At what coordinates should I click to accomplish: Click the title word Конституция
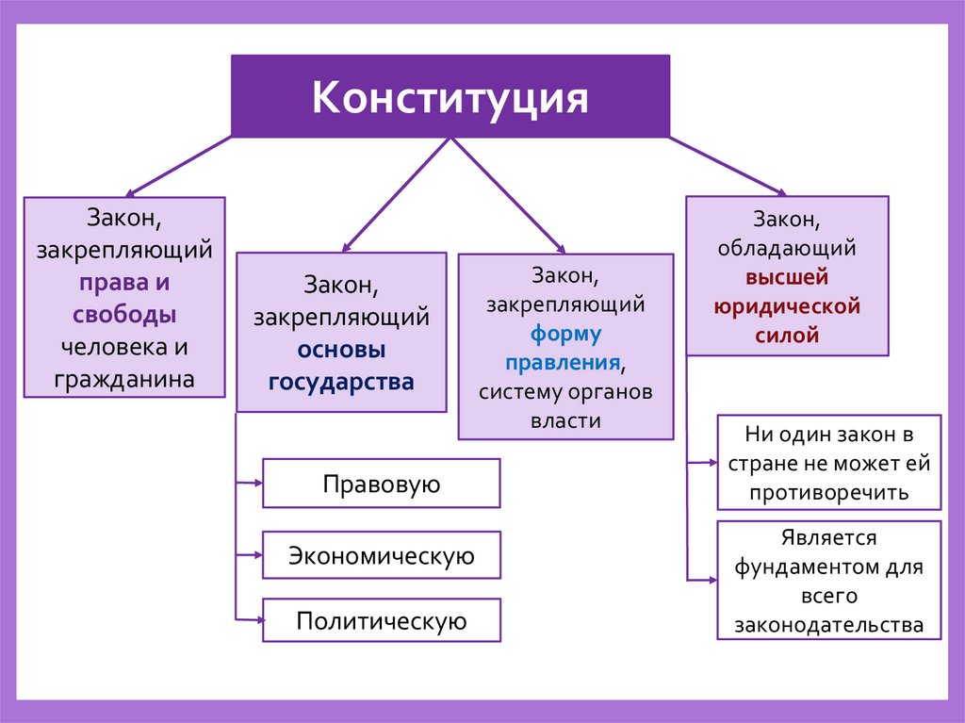450,97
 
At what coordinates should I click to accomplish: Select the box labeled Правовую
382,483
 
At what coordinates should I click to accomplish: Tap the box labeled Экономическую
382,555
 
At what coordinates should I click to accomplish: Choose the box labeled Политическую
382,620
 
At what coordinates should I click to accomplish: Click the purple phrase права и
124,282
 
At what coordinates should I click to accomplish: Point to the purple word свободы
124,314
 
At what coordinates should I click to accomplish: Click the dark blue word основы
341,349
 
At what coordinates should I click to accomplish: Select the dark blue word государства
341,382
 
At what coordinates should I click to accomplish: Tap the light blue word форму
565,334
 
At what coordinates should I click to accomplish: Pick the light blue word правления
562,362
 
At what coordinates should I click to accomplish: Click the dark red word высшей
787,277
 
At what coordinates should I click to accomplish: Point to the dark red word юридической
787,306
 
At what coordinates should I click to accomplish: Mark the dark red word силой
787,335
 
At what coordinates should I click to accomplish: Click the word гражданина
124,379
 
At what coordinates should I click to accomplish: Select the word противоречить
829,492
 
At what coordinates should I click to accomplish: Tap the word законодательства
829,624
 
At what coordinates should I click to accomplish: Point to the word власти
565,420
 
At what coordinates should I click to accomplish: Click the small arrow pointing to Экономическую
249,555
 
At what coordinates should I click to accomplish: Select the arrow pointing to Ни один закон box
702,463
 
